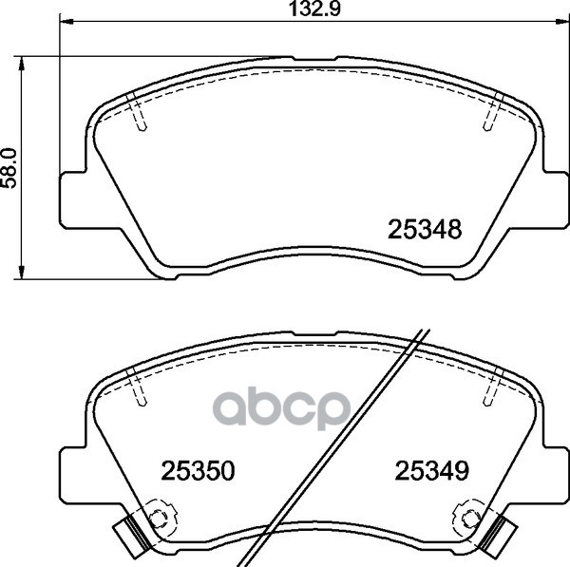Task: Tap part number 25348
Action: (425, 230)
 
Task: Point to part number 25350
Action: (198, 470)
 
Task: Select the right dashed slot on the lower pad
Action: (491, 388)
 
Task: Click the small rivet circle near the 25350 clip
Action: (159, 518)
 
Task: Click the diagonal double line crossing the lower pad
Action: (342, 446)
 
